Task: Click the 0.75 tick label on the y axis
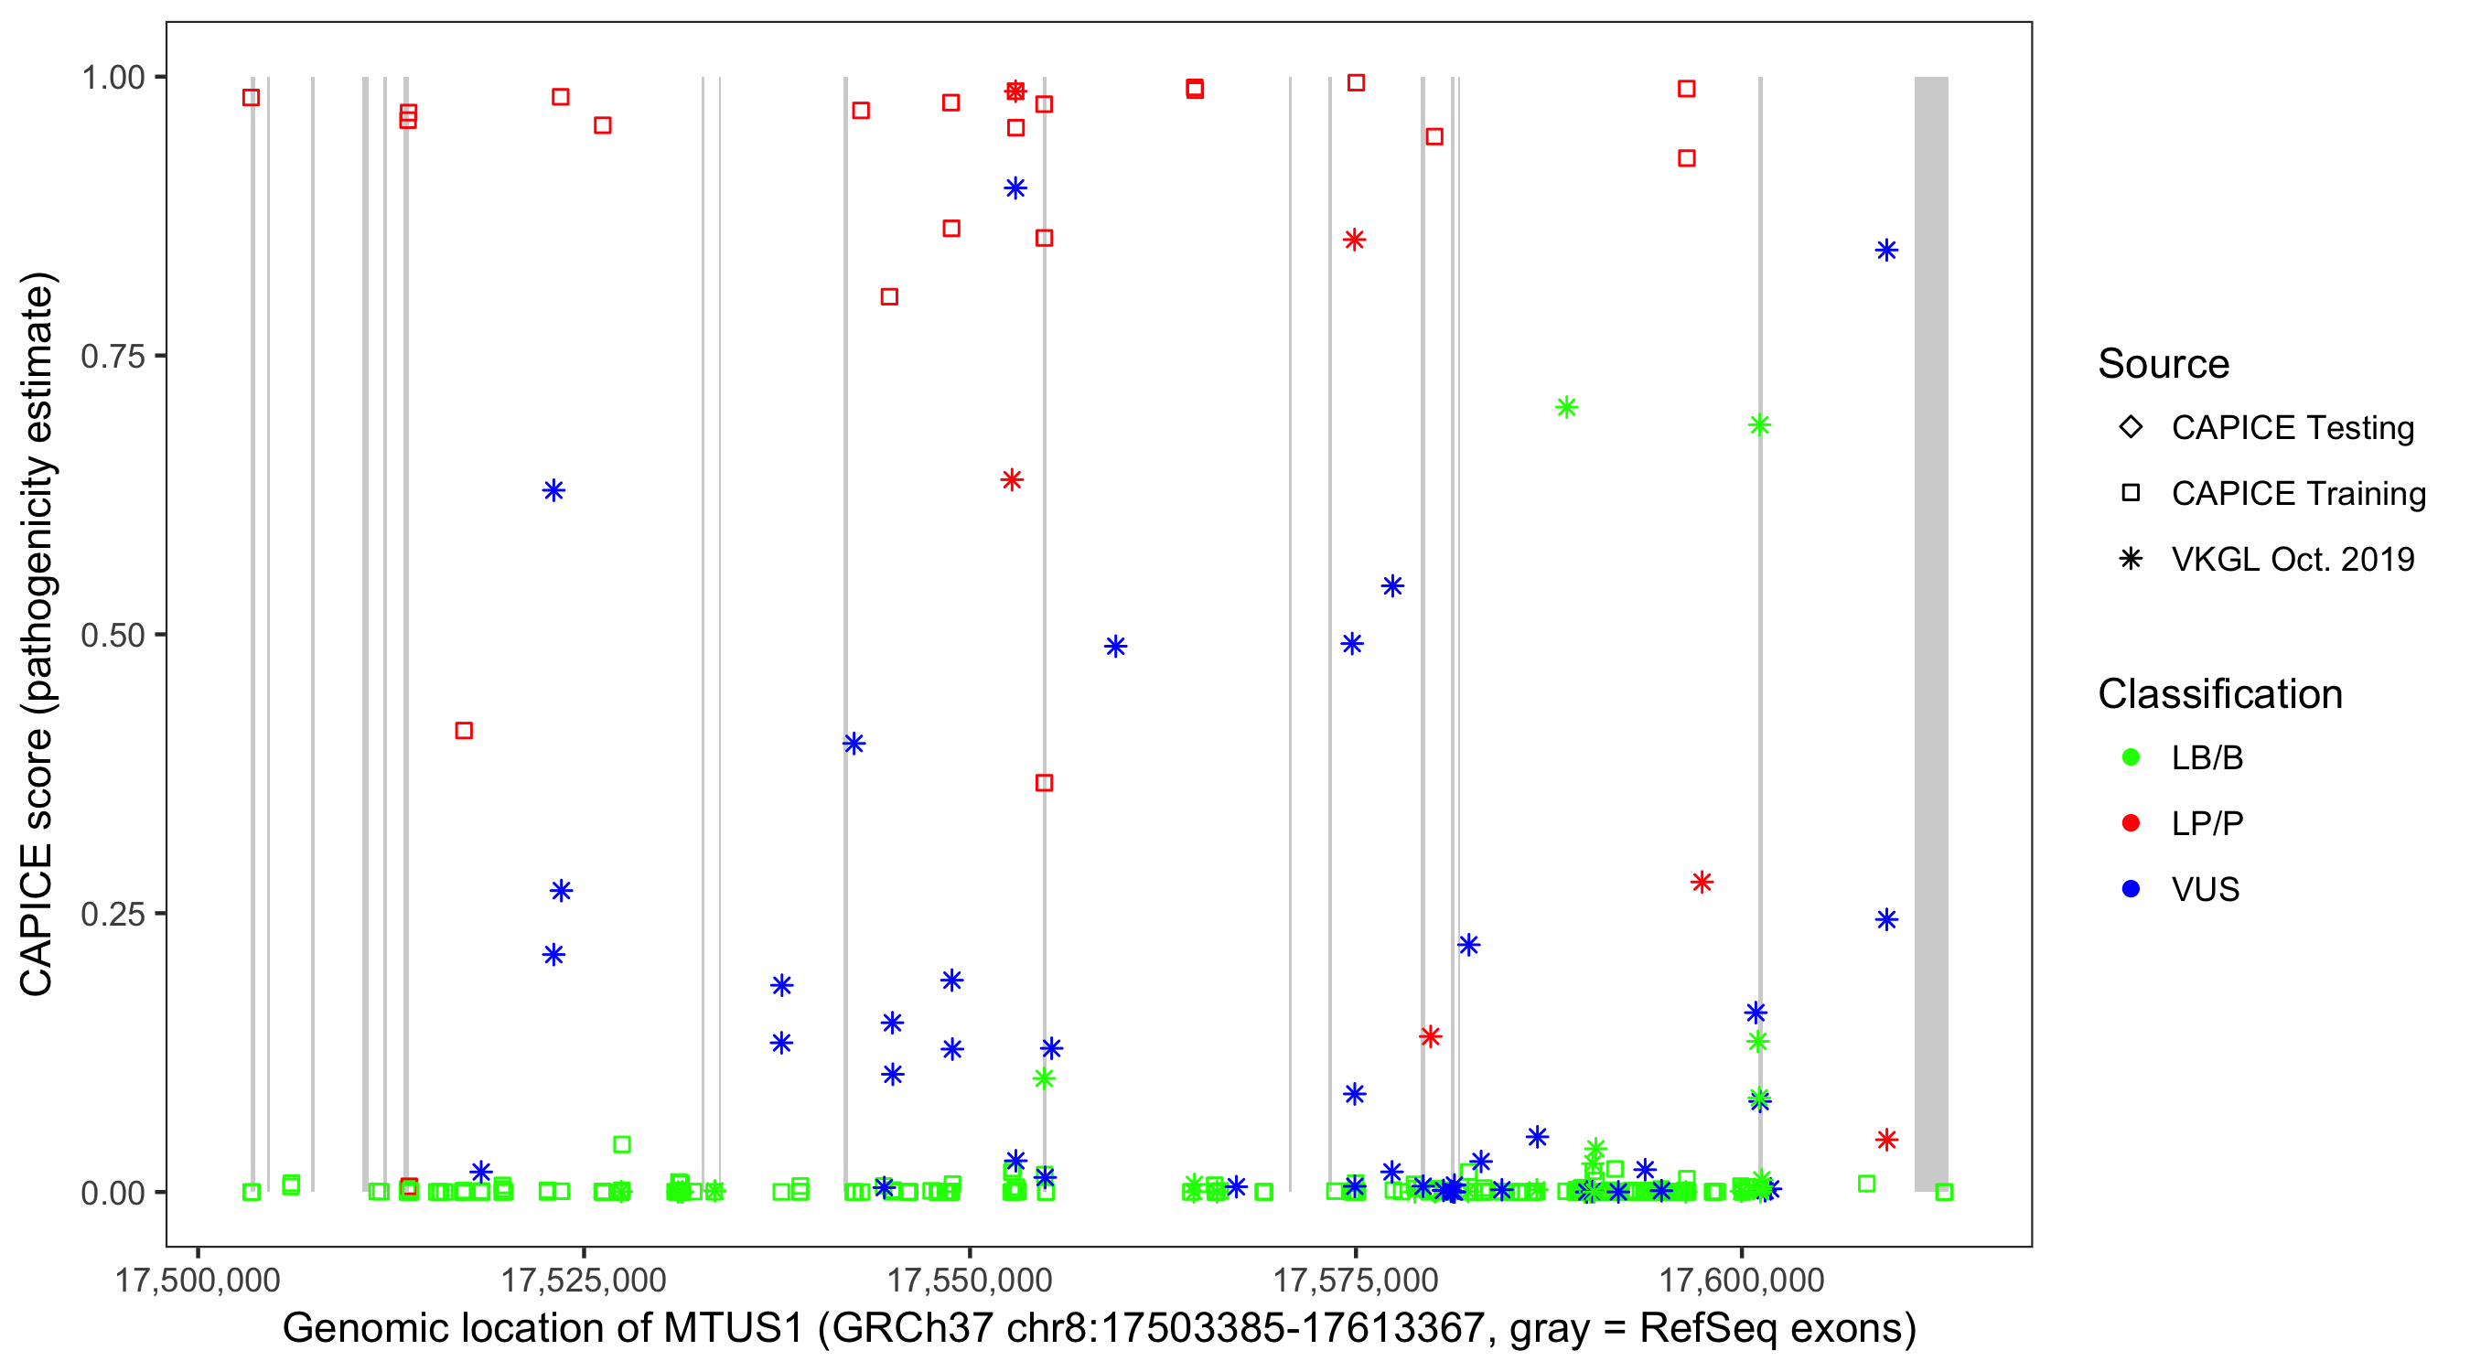click(x=112, y=357)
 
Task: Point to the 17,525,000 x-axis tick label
click(x=583, y=1280)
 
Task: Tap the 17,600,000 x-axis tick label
click(x=1741, y=1280)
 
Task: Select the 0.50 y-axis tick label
click(x=112, y=636)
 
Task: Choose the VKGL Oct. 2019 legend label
click(x=2293, y=559)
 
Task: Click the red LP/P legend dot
click(x=2131, y=823)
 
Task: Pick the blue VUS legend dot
click(x=2131, y=890)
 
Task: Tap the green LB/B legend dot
click(x=2131, y=757)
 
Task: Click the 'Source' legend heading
click(x=2164, y=364)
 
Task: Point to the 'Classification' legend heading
click(x=2219, y=694)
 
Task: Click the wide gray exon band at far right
click(x=1931, y=633)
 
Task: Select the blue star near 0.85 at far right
click(x=1886, y=252)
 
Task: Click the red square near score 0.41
click(x=464, y=731)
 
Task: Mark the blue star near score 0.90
click(x=1015, y=188)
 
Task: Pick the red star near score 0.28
click(x=1702, y=882)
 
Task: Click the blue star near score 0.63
click(x=553, y=491)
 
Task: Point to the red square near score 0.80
click(x=890, y=297)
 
